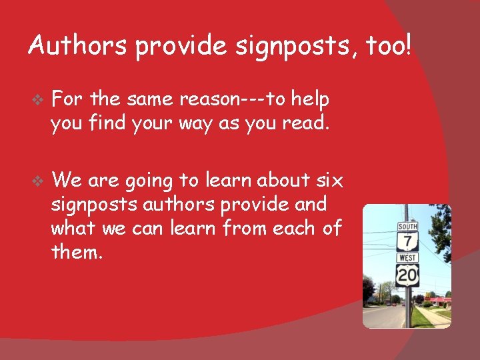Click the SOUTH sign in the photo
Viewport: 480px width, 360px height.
407,227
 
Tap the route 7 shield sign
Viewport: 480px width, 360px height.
407,241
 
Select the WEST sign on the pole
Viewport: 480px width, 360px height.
407,257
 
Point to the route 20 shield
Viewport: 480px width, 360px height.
407,275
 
